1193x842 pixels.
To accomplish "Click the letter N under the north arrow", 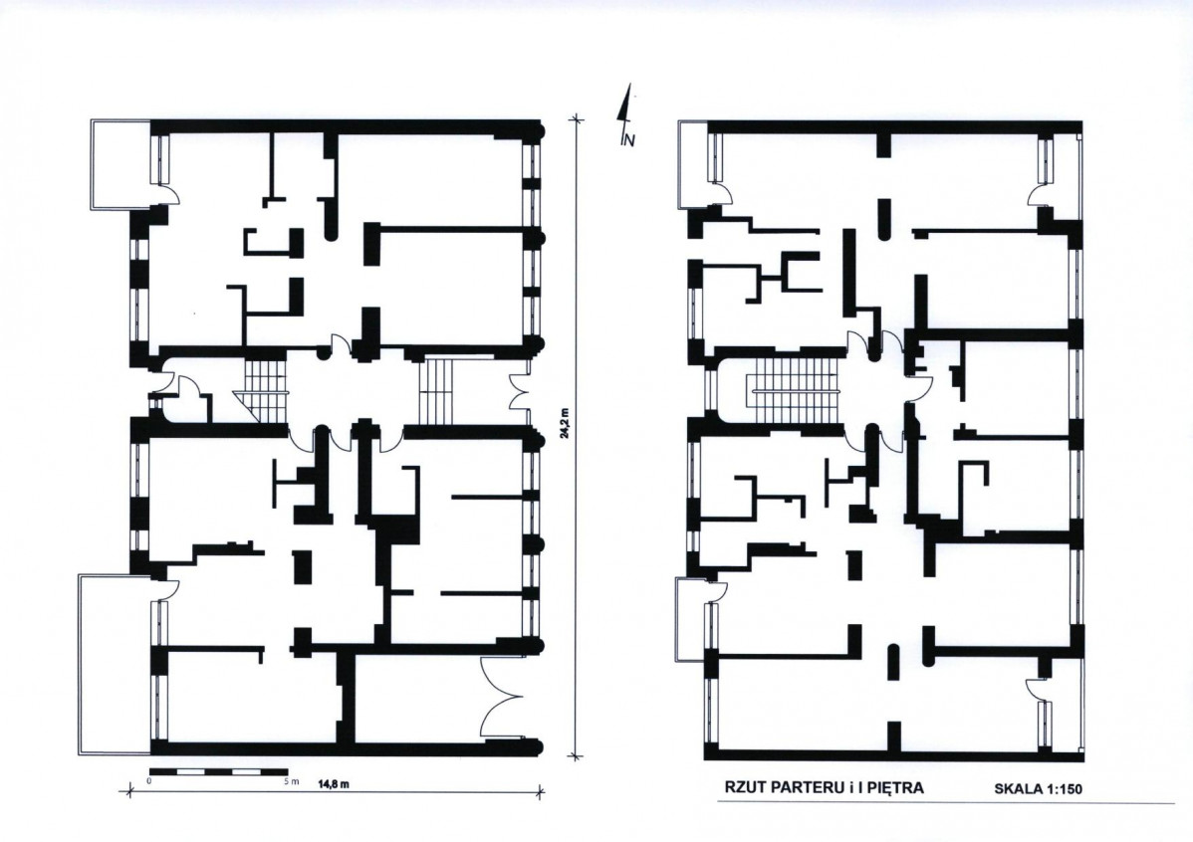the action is coord(628,139).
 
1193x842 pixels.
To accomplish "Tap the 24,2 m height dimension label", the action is coord(565,434).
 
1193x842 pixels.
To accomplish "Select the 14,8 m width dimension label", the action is coord(334,784).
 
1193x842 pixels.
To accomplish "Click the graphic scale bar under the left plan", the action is coord(218,772).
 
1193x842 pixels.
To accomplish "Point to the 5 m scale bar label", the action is coord(293,782).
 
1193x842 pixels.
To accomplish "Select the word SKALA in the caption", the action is coord(1018,789).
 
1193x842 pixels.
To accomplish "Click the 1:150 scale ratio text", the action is coord(1064,789).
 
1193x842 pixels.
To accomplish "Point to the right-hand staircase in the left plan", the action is coord(436,391).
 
